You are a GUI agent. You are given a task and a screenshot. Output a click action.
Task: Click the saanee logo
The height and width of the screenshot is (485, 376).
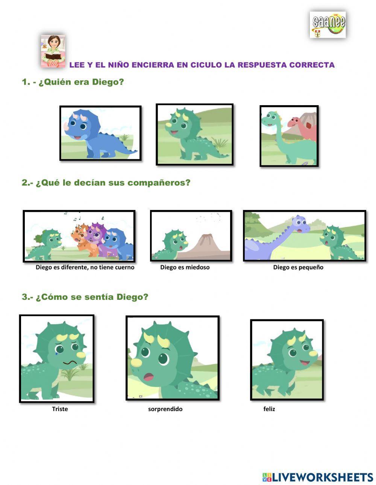[328, 24]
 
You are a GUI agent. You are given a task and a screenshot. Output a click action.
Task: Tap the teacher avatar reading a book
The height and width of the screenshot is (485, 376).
[53, 51]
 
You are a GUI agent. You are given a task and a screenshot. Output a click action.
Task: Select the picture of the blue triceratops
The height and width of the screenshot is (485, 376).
[100, 133]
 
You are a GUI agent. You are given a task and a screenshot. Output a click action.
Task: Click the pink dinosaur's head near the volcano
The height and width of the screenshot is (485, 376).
[294, 122]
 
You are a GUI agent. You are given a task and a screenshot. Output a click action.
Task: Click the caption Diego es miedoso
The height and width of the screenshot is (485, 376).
[185, 267]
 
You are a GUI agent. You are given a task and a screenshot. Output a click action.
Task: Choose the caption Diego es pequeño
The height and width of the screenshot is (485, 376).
[298, 267]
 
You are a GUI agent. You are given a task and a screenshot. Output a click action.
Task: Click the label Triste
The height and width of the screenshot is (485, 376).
[60, 409]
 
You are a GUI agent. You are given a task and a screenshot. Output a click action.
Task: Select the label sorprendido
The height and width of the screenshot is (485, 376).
[165, 409]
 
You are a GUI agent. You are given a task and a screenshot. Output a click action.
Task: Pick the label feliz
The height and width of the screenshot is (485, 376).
[269, 409]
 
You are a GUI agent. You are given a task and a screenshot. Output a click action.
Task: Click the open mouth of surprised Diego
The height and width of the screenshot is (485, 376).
[149, 376]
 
